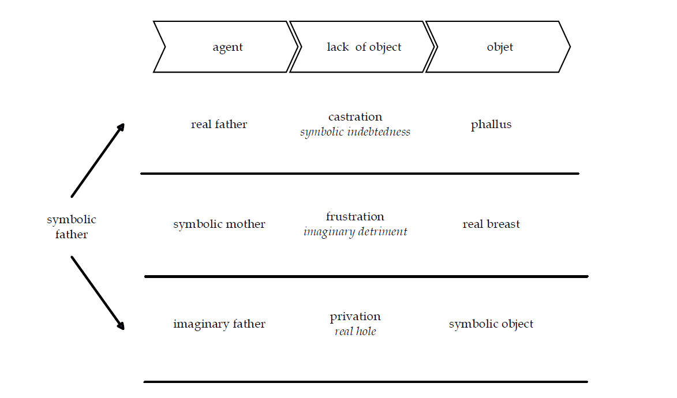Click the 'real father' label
pyautogui.click(x=219, y=125)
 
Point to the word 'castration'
pyautogui.click(x=355, y=117)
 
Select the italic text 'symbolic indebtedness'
pyautogui.click(x=355, y=132)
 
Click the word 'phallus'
pyautogui.click(x=491, y=125)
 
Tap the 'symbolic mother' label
pyautogui.click(x=219, y=224)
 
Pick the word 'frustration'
pyautogui.click(x=355, y=217)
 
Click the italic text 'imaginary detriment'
pyautogui.click(x=355, y=232)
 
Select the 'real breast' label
pyautogui.click(x=491, y=224)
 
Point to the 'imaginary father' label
pyautogui.click(x=219, y=324)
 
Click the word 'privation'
pyautogui.click(x=355, y=317)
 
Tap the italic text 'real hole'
pyautogui.click(x=355, y=332)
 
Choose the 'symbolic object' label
pyautogui.click(x=491, y=324)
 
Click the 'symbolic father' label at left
pyautogui.click(x=72, y=227)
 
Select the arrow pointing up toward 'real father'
pyautogui.click(x=97, y=161)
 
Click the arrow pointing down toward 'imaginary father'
pyautogui.click(x=97, y=292)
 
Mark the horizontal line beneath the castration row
pyautogui.click(x=360, y=173)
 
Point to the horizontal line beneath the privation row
pyautogui.click(x=365, y=381)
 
